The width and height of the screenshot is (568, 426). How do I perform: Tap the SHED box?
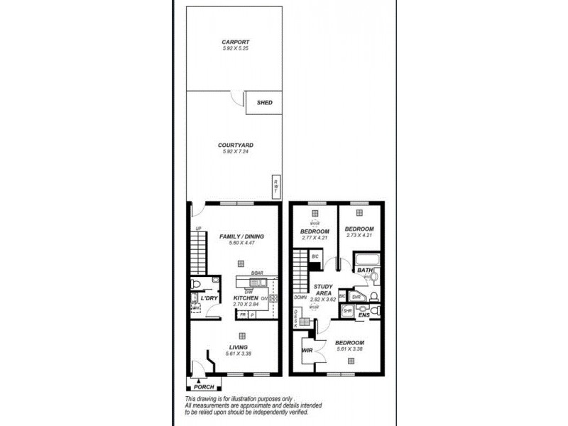coord(264,102)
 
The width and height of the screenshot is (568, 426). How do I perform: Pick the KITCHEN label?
coord(245,298)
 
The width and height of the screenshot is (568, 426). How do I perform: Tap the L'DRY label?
coord(209,298)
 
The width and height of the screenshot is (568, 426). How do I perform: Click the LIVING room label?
coord(239,346)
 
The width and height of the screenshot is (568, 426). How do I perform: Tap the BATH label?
coord(364,270)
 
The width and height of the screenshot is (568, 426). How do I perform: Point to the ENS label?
coord(364,315)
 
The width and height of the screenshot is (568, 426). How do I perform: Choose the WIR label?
coord(307,350)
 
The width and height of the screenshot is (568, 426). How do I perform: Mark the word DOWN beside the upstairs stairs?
coord(301,297)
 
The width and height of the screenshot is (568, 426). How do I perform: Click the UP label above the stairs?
coord(198,228)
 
